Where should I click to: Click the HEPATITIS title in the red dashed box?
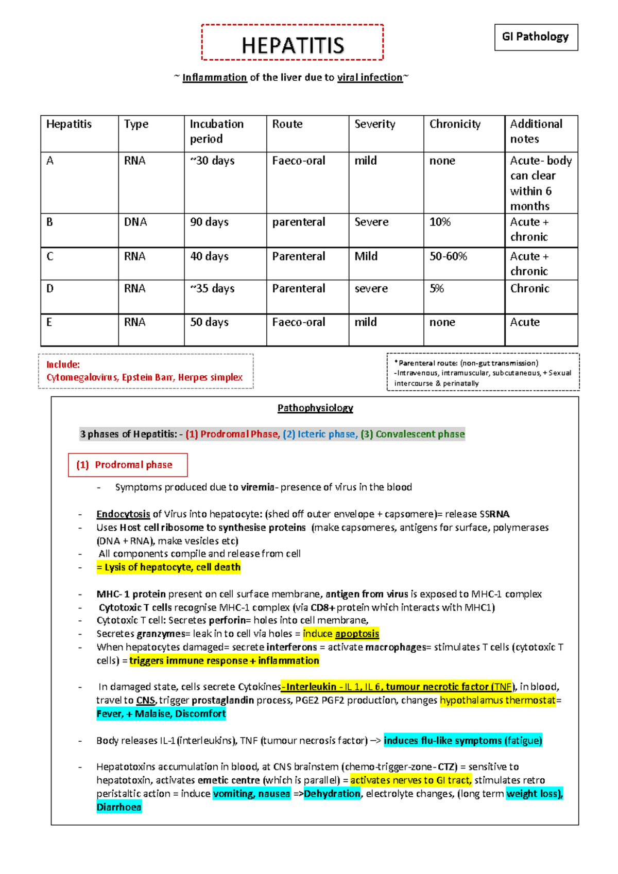(x=293, y=45)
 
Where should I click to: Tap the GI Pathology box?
(x=536, y=37)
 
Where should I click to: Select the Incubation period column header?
(x=216, y=131)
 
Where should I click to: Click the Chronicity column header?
(x=455, y=124)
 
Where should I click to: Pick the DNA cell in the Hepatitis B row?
(x=135, y=222)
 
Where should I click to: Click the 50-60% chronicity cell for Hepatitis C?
(x=448, y=256)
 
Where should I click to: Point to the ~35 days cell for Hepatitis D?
(x=212, y=289)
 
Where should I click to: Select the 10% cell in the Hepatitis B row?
(x=440, y=222)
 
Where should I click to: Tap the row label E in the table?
(x=49, y=322)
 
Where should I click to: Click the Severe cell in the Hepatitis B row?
(x=371, y=222)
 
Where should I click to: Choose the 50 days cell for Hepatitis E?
(x=209, y=322)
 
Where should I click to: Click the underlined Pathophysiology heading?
(x=315, y=408)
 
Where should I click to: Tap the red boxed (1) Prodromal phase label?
(x=128, y=465)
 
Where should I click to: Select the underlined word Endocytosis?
(x=123, y=514)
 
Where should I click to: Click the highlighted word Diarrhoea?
(x=119, y=807)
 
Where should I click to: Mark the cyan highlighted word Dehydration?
(x=332, y=794)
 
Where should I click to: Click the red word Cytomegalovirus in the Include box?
(x=82, y=377)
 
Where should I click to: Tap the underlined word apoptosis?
(x=357, y=634)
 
